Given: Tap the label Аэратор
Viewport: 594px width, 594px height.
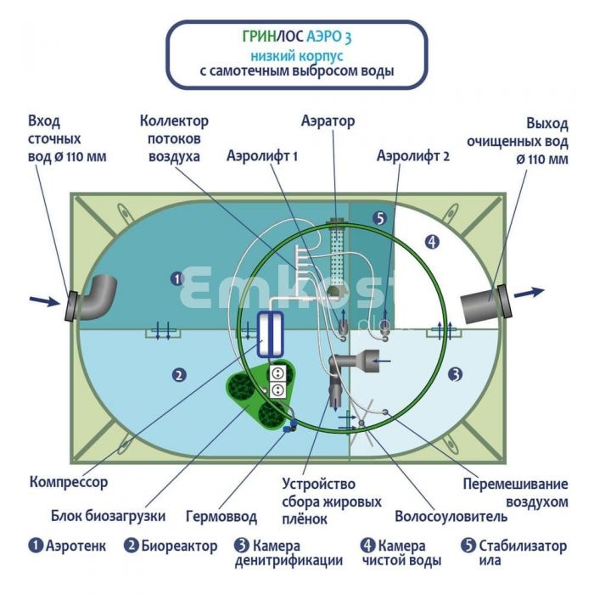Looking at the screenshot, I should [328, 121].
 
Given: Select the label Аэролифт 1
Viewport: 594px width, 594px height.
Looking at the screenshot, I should [263, 156].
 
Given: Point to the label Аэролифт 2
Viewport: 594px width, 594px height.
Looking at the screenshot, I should [413, 156].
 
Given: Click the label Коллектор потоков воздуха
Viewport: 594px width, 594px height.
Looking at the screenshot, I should [174, 139].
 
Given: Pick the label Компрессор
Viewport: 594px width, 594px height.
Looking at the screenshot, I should [69, 482].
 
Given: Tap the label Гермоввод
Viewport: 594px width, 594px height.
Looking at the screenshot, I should [221, 515].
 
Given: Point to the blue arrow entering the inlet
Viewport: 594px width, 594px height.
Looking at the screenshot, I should [41, 300].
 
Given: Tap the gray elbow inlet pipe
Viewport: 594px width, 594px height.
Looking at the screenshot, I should [96, 297].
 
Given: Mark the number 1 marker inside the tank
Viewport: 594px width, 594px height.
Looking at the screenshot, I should [177, 277].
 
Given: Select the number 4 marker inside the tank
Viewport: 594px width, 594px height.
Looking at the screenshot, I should [433, 241].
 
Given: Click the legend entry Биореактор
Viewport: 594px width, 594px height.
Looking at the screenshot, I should [171, 546].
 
